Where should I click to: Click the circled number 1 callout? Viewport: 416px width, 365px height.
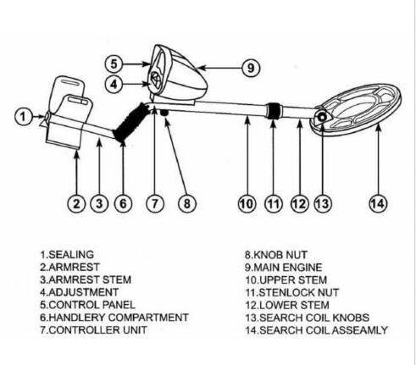24,117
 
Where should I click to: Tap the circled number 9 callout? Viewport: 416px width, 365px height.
251,68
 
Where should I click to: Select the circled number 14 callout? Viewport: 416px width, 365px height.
378,203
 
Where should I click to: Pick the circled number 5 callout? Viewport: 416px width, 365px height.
114,64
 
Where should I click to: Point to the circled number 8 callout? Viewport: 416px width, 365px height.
187,203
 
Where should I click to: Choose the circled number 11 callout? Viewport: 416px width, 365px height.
274,203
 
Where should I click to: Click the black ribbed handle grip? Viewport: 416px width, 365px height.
131,122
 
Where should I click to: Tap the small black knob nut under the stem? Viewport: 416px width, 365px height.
164,113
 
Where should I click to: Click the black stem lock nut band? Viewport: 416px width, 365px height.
274,111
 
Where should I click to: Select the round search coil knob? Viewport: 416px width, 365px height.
322,117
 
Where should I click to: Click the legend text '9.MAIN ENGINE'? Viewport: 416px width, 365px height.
283,268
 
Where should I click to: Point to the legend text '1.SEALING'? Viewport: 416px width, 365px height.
67,255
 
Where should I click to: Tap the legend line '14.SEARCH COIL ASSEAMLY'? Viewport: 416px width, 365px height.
316,330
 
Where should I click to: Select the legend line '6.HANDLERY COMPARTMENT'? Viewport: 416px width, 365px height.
114,318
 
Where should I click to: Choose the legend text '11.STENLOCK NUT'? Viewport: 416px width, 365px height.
291,292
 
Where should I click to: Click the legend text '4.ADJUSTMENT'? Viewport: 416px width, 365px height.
80,292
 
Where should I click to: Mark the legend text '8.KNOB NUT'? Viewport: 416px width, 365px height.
276,255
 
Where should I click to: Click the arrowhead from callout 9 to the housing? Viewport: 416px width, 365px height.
201,68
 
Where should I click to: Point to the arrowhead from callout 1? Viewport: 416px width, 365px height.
42,116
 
